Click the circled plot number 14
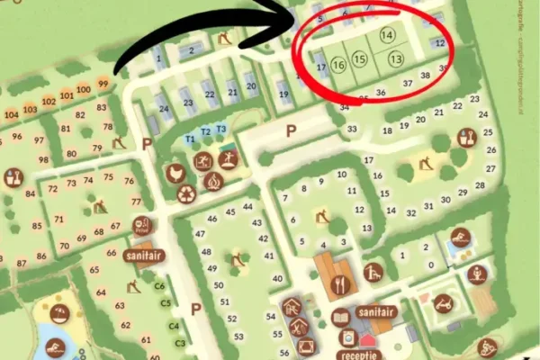tap(387, 35)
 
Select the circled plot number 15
tap(360, 59)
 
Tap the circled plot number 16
tap(338, 65)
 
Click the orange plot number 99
tap(103, 84)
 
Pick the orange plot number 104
tap(12, 114)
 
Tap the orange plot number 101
tap(66, 94)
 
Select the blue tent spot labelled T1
tap(190, 139)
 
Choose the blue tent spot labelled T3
tap(220, 129)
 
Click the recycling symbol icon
tap(187, 193)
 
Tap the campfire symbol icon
tap(213, 181)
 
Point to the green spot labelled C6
tap(159, 287)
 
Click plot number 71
tap(59, 219)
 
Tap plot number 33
tap(352, 130)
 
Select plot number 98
tap(43, 159)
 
